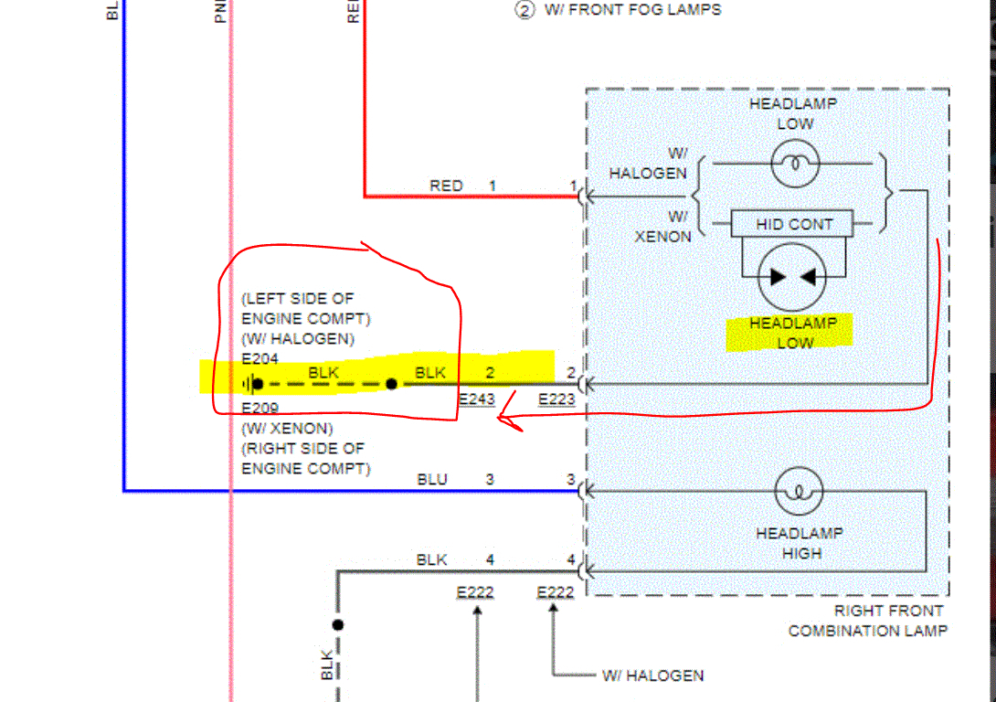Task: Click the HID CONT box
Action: click(x=794, y=224)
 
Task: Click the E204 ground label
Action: click(x=260, y=359)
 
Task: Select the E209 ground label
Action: click(x=260, y=408)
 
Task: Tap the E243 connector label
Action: click(x=476, y=399)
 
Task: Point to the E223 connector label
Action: click(x=556, y=399)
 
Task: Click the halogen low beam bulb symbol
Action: click(x=794, y=165)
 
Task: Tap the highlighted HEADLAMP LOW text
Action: click(x=793, y=333)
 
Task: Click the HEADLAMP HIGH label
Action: click(x=800, y=543)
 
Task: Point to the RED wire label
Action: click(x=446, y=186)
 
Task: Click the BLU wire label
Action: click(x=432, y=479)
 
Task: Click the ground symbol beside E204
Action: click(x=248, y=384)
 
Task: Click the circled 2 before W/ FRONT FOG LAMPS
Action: click(x=524, y=10)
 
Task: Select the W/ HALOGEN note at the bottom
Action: click(x=652, y=676)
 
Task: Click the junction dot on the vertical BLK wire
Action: click(x=337, y=625)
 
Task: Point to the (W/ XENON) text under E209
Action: click(x=287, y=428)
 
